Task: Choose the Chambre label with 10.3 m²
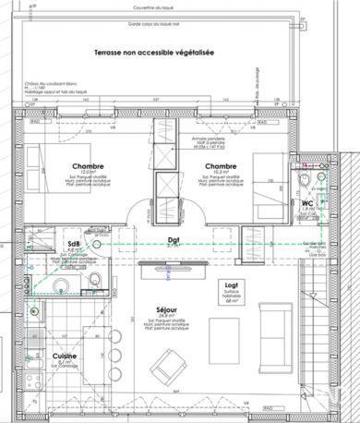coord(222,165)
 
